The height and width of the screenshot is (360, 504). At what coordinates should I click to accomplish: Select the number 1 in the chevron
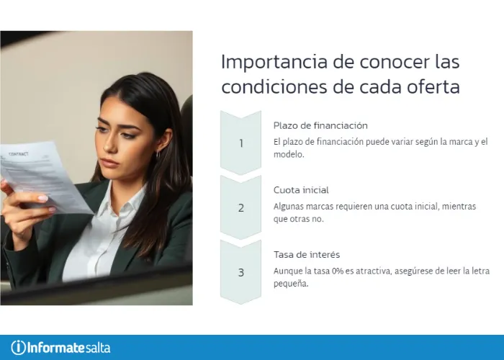point(241,143)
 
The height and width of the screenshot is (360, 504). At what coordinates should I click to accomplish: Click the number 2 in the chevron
point(241,208)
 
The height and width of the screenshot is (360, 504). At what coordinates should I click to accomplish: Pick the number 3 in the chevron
point(241,273)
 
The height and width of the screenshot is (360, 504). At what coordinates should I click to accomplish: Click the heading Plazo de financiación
point(320,125)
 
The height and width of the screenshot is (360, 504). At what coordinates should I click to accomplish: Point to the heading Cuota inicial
point(301,190)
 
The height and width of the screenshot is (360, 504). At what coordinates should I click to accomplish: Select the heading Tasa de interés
point(307,255)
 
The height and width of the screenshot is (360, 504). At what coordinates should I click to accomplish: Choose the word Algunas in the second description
point(289,206)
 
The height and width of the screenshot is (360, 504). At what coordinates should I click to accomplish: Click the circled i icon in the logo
point(19,347)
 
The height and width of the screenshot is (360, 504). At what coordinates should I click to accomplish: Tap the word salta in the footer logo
point(98,347)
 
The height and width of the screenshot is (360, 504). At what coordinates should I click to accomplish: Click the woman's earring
point(158,154)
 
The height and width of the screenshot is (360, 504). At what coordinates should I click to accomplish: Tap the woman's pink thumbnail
point(42,198)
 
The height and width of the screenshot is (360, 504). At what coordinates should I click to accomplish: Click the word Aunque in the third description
point(288,271)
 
